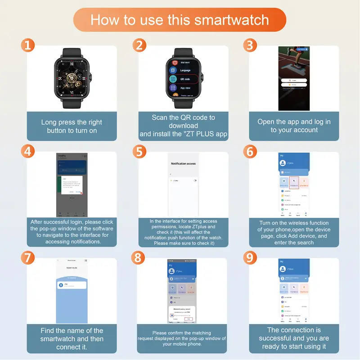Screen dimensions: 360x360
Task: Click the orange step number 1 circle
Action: tap(28, 45)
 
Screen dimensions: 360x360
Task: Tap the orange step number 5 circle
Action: tap(139, 151)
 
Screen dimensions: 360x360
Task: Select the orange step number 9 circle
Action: tap(250, 257)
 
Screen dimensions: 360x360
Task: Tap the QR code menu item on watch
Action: tap(185, 79)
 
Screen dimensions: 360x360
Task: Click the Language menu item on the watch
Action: tap(185, 70)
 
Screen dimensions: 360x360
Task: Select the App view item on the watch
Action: tap(185, 88)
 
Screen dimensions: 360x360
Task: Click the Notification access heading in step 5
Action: tap(183, 164)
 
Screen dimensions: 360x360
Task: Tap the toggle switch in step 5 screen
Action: tap(195, 180)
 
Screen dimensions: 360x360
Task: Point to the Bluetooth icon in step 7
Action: tap(60, 285)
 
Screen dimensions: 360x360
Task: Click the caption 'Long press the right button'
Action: tap(72, 126)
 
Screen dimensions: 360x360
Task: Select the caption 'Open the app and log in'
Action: tap(294, 126)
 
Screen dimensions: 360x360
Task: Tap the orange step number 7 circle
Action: tap(28, 257)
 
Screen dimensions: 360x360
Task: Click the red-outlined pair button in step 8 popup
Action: tap(189, 319)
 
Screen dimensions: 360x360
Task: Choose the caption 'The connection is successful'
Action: tap(294, 338)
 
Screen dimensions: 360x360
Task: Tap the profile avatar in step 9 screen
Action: tap(283, 269)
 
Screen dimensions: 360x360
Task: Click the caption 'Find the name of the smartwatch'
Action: tap(72, 338)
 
